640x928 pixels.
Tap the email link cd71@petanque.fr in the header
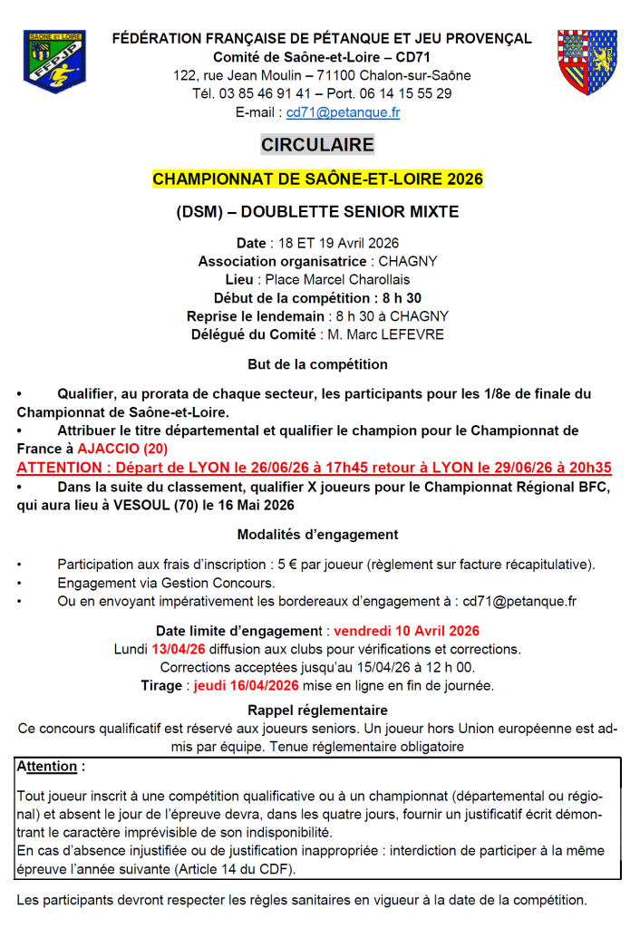click(x=343, y=112)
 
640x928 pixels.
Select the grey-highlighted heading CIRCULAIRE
click(x=317, y=145)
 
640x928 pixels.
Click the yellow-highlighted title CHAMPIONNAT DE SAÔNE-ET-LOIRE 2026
click(x=317, y=179)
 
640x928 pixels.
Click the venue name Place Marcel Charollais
click(x=337, y=280)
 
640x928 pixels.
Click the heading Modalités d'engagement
click(x=317, y=535)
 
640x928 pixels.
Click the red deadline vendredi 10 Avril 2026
click(x=406, y=631)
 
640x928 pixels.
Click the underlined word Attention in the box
click(x=46, y=767)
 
